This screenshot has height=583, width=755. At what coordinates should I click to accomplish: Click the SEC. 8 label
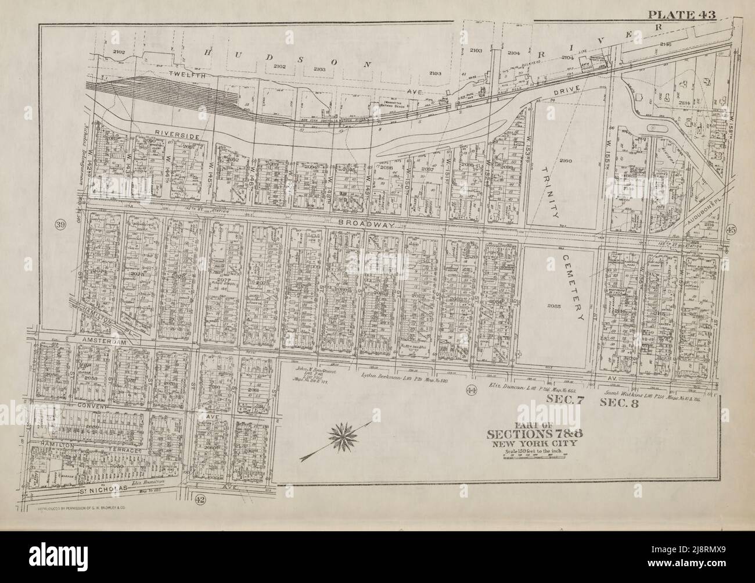tap(620, 402)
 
